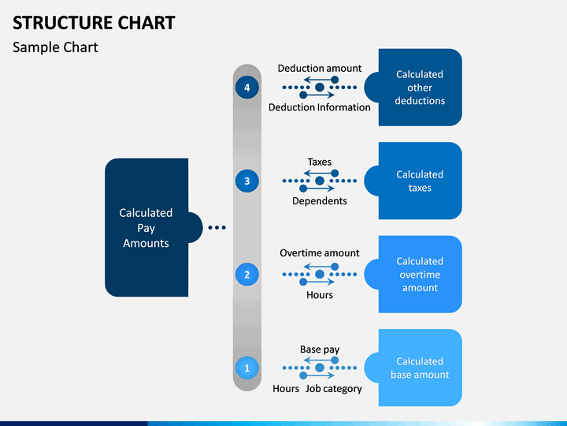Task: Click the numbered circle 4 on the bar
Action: tap(247, 88)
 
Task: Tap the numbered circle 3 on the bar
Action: tap(247, 181)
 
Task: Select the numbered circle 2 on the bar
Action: tap(247, 275)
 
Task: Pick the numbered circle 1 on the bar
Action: tap(247, 368)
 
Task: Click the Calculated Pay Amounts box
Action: tap(146, 227)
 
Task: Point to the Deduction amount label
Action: tap(320, 68)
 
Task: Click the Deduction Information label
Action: tap(319, 107)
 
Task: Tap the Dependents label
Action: tap(319, 201)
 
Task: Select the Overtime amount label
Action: tap(320, 253)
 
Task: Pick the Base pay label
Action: tap(320, 349)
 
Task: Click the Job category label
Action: tap(333, 389)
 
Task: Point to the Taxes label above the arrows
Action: tap(319, 162)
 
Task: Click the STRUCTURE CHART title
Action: tap(94, 23)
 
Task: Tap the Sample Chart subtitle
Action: tap(55, 47)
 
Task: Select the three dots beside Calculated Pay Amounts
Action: tap(217, 227)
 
